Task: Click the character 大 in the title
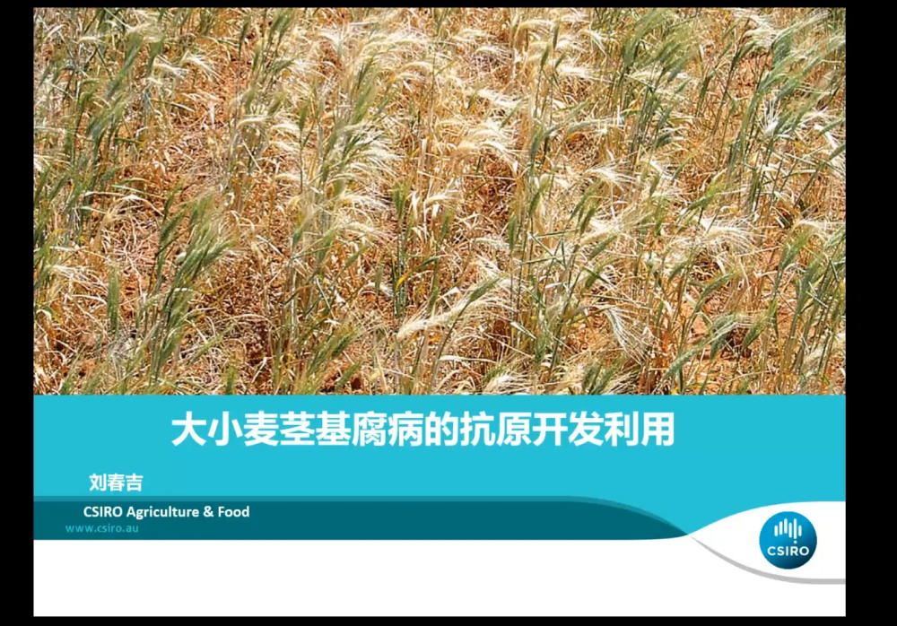[188, 430]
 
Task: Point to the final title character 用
[658, 430]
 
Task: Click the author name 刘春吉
[116, 483]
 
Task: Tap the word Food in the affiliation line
[233, 511]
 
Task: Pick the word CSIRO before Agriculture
[103, 511]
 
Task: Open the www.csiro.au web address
[102, 528]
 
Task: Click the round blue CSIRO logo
[788, 540]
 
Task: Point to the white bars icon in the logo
[788, 529]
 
